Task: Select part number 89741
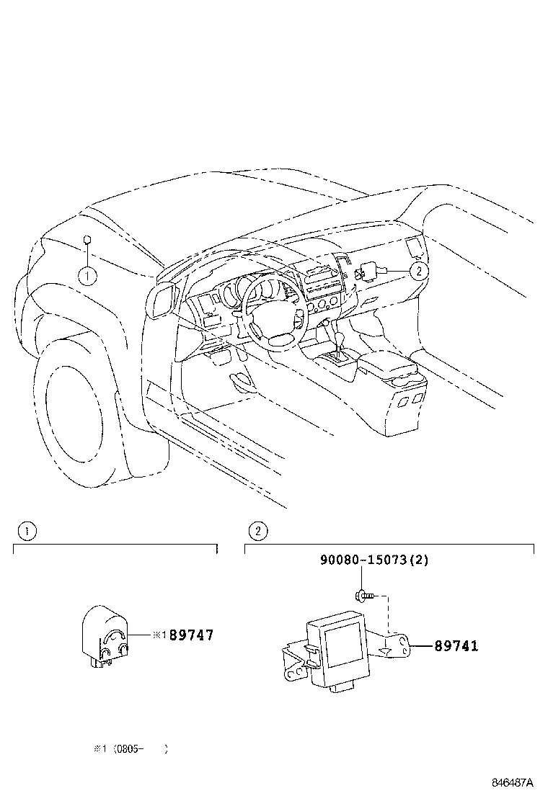pos(456,646)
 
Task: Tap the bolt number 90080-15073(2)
pos(374,560)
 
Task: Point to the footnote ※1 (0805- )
pos(130,748)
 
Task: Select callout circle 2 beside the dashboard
pos(417,271)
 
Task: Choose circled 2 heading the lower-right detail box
pos(257,532)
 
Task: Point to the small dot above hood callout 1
pos(87,241)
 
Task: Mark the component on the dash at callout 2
pos(366,272)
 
